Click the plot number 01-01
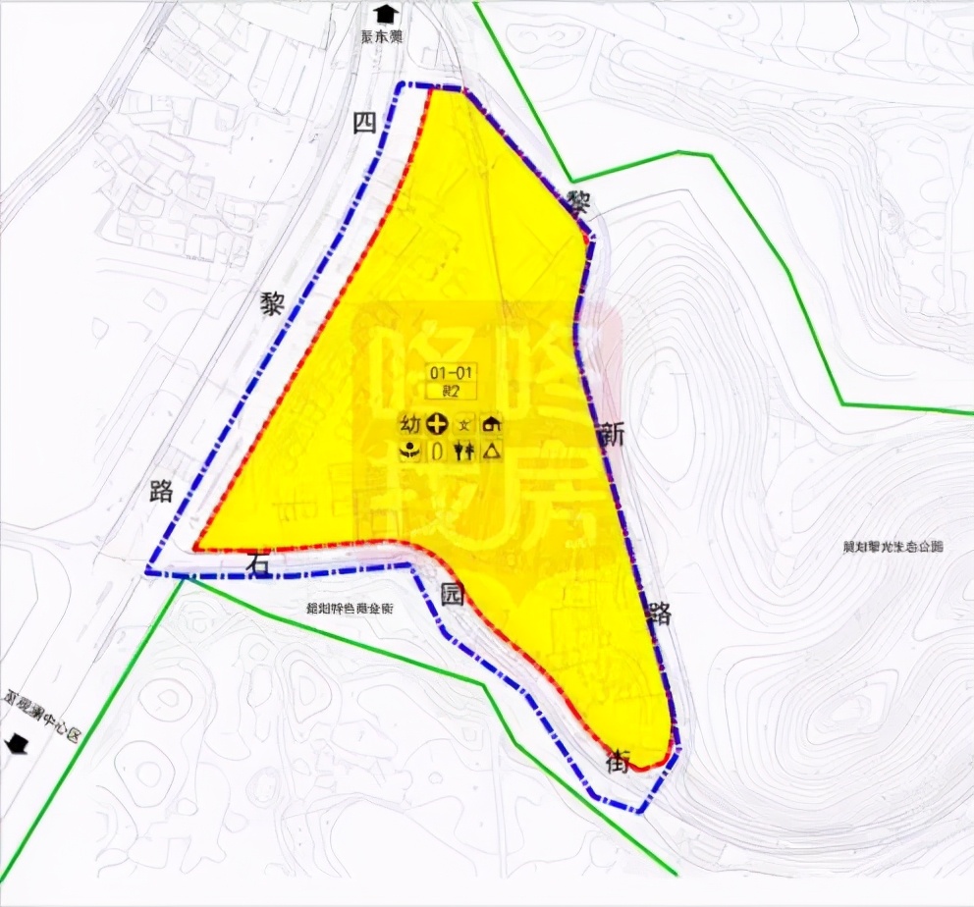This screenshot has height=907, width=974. tap(451, 372)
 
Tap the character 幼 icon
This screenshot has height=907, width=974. tap(408, 425)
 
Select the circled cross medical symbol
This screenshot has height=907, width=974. tap(437, 425)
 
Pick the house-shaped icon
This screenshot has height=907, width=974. tap(491, 425)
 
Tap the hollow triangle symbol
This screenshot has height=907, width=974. tap(491, 451)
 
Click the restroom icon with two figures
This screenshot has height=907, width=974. tap(463, 451)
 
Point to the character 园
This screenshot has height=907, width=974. tap(451, 600)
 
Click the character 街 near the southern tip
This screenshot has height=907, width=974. tap(618, 761)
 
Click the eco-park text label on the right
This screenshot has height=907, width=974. tap(893, 547)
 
